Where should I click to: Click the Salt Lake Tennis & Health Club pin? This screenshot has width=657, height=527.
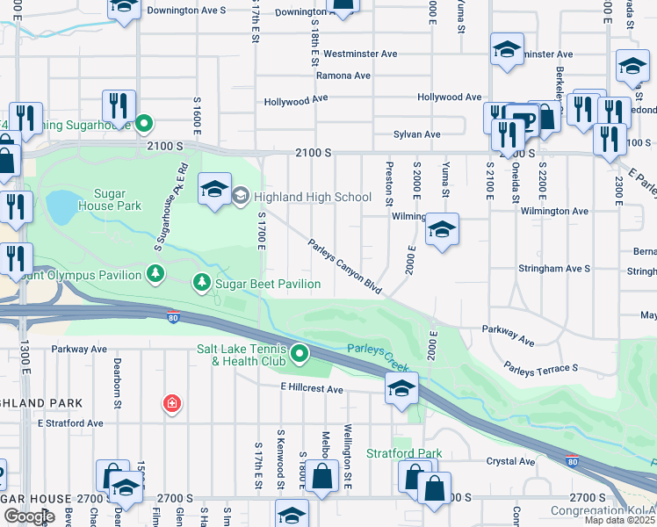300,354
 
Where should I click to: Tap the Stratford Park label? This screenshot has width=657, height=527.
405,454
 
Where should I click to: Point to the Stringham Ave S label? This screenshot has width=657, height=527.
553,268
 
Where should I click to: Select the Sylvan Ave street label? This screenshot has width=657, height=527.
417,134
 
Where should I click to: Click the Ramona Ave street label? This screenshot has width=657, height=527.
343,76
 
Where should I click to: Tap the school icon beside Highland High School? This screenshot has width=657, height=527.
214,190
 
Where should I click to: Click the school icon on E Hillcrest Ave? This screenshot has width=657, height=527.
401,389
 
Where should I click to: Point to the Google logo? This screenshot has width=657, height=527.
29,516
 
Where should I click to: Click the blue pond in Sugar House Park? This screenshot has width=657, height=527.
61,206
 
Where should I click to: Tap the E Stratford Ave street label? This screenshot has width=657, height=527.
70,423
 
